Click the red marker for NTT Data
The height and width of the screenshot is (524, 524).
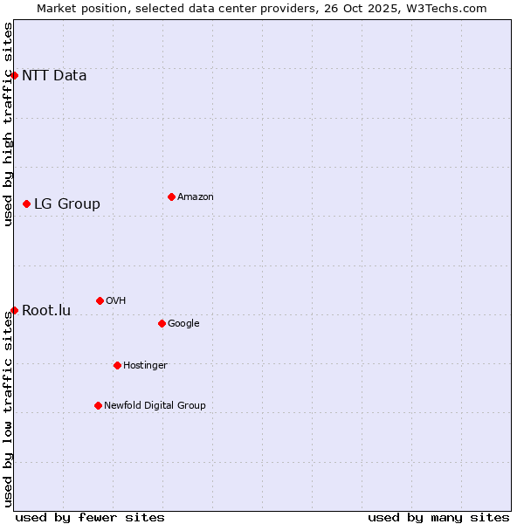pos(14,75)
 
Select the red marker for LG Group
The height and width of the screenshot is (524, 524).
pos(26,203)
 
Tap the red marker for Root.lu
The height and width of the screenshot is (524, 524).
pos(14,310)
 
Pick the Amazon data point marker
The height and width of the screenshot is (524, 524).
pos(171,196)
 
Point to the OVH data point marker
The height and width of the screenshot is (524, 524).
pos(100,300)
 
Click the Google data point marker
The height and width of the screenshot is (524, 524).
pos(162,323)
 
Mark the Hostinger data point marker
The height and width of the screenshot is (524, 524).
pos(117,365)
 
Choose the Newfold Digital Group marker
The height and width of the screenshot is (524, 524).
pos(98,405)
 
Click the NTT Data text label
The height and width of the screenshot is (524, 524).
pos(54,75)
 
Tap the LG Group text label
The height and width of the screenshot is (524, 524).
pos(67,204)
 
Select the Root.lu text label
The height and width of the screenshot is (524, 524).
pos(46,311)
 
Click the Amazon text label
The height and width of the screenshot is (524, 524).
pos(196,197)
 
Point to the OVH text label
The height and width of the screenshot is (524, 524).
pos(116,301)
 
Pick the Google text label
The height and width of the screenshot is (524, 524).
pos(183,324)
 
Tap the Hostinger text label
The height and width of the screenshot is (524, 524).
pos(145,366)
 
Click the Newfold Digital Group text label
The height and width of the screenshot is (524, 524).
pos(155,406)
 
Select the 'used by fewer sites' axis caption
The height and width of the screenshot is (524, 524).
pos(90,517)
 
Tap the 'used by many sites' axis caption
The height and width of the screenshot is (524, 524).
pos(438,517)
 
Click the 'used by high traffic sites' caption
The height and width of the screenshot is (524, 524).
pos(8,124)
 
